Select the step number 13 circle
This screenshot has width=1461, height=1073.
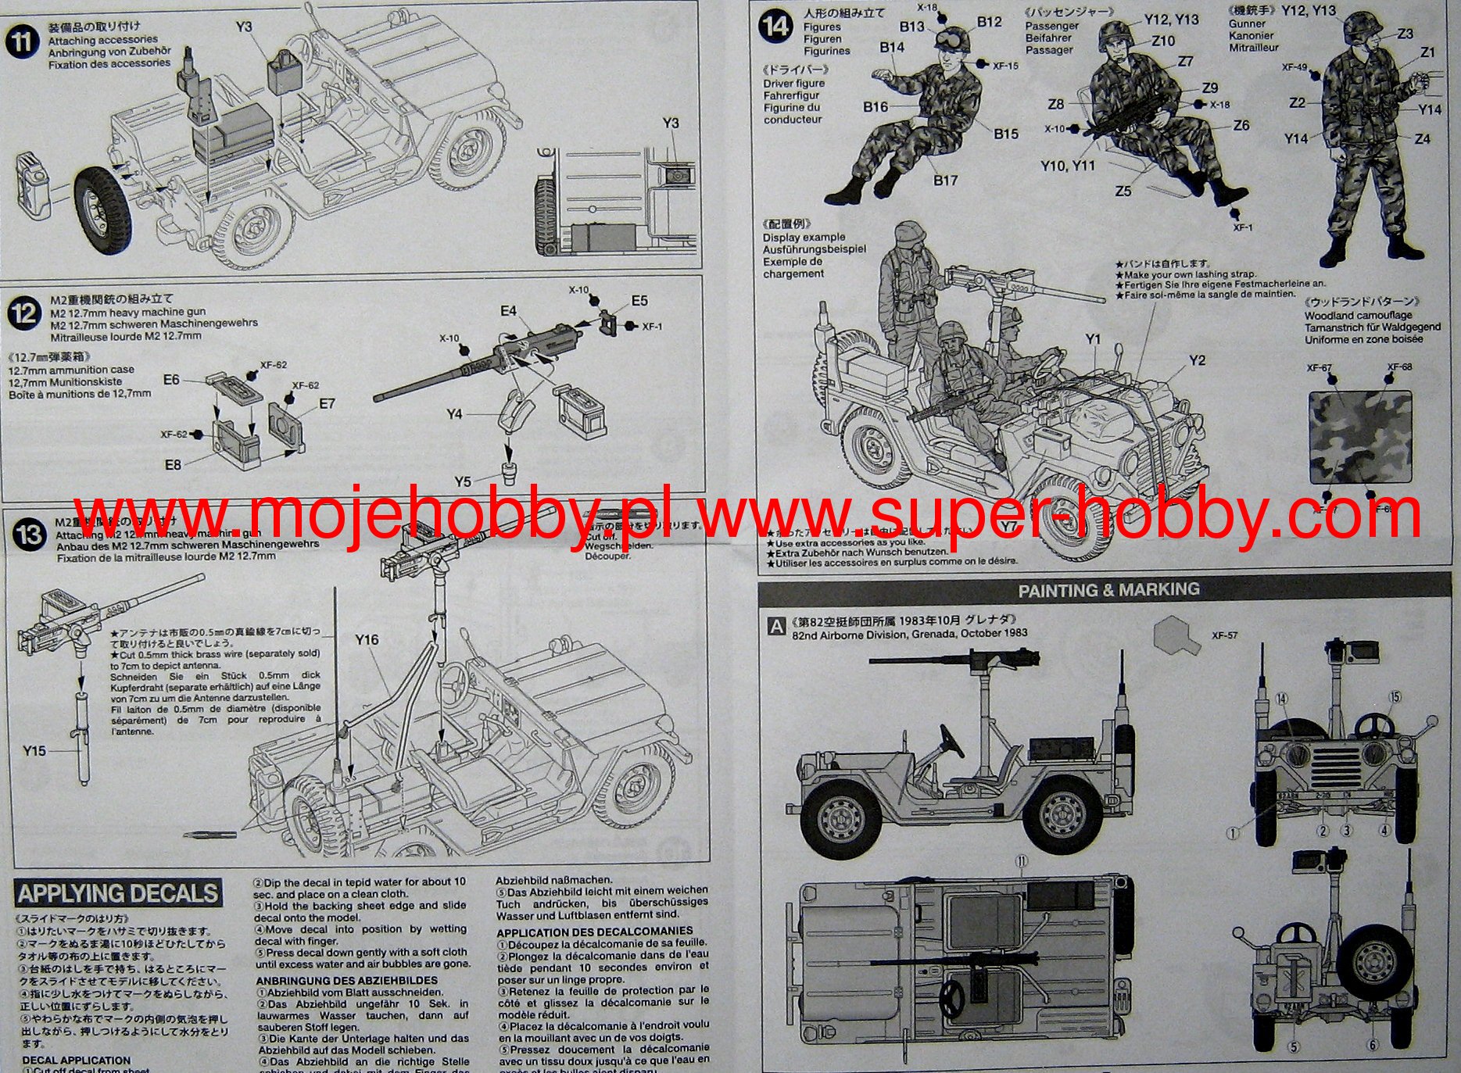[x=30, y=535]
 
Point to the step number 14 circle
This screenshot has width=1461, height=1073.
[x=775, y=27]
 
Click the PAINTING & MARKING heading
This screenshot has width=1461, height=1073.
[x=1108, y=590]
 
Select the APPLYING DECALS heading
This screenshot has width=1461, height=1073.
[x=118, y=893]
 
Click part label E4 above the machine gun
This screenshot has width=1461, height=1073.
[x=508, y=311]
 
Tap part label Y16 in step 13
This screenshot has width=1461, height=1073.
[x=366, y=640]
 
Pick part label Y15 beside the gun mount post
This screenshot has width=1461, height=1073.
[x=34, y=751]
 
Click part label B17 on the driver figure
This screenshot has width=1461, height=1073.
[x=945, y=181]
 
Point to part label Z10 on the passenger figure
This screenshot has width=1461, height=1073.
[x=1162, y=41]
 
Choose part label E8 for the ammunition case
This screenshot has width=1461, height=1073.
[x=173, y=465]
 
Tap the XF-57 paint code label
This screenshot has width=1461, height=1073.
[x=1224, y=636]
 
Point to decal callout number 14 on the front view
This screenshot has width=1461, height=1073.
[x=1281, y=699]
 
